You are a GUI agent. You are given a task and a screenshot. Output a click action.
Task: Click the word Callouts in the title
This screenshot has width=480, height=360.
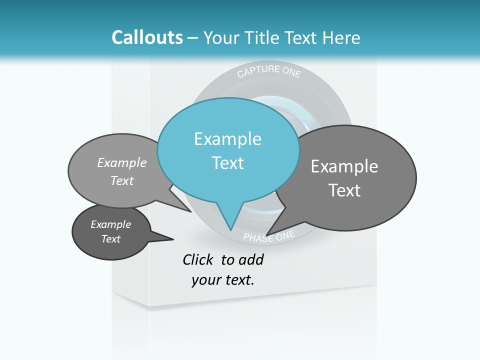pos(147,37)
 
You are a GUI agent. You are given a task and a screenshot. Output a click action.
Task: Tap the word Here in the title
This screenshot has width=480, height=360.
pos(341,37)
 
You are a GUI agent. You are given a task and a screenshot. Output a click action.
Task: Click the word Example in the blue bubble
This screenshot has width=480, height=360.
pos(228,139)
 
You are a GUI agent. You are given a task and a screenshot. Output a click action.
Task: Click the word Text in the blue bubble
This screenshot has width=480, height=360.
pos(228,163)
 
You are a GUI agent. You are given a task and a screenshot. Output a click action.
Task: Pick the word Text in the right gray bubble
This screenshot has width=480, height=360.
pos(344,190)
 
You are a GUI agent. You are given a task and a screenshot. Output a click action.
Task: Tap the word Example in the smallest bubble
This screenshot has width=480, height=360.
pos(110,224)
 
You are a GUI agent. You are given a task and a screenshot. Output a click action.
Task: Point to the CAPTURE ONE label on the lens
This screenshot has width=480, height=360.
pos(269,71)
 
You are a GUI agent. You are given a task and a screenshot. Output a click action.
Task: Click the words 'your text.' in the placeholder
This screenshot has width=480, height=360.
pos(223,280)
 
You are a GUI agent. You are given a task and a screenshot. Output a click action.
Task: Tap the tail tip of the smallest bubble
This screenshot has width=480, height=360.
pos(173,238)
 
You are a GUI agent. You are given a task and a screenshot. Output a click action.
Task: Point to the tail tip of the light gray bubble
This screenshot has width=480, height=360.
pos(191,211)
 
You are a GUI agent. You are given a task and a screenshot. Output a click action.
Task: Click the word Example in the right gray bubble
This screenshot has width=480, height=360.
pos(344,166)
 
